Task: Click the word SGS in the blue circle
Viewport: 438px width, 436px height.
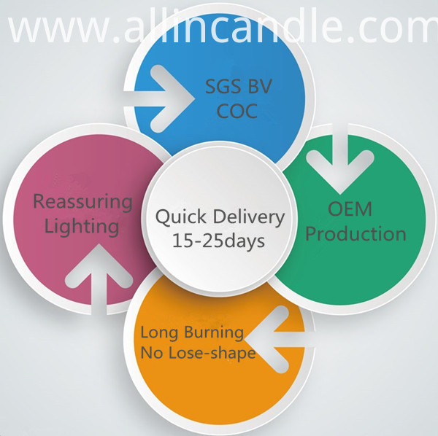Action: coord(223,86)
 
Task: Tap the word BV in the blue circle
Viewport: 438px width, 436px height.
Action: coord(260,86)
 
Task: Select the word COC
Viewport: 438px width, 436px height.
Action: coord(237,111)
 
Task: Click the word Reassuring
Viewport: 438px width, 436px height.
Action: coord(82,202)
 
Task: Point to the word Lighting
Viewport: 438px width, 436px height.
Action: coord(82,227)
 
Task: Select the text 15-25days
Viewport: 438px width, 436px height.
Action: coord(218,241)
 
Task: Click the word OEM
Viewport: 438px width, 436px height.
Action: coord(350,209)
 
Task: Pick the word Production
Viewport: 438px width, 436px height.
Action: coord(356,234)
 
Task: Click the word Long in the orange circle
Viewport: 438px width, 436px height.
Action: coord(159,333)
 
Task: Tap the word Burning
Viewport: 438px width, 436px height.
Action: coord(214,332)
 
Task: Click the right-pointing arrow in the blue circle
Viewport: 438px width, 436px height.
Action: coord(158,98)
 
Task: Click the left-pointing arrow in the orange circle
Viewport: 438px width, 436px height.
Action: coord(280,340)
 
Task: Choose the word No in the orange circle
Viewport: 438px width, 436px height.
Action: coord(152,353)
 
